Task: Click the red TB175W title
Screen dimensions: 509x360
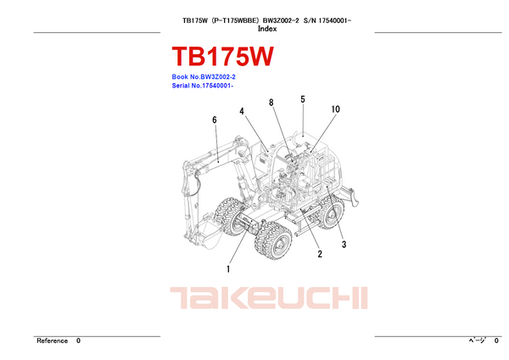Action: tap(222, 57)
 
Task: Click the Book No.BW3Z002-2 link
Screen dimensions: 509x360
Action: tap(204, 77)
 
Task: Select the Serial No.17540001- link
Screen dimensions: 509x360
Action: tap(203, 86)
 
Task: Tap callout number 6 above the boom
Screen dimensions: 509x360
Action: tap(215, 120)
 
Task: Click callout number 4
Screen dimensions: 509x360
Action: tap(242, 111)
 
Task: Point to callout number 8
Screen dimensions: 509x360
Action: tap(271, 103)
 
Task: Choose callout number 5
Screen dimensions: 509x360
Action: tap(303, 99)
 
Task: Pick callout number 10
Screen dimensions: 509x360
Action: tap(336, 110)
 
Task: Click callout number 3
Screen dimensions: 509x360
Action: tap(344, 245)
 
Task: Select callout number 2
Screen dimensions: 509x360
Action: tap(320, 254)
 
